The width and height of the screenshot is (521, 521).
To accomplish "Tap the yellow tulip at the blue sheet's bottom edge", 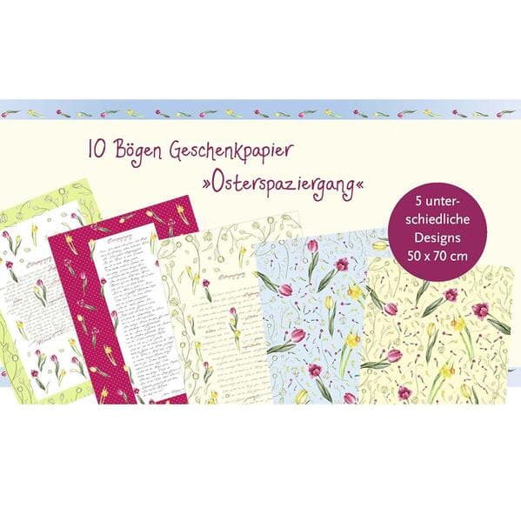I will point(301,396).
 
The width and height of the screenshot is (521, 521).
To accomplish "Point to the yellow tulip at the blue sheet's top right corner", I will point(379,245).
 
